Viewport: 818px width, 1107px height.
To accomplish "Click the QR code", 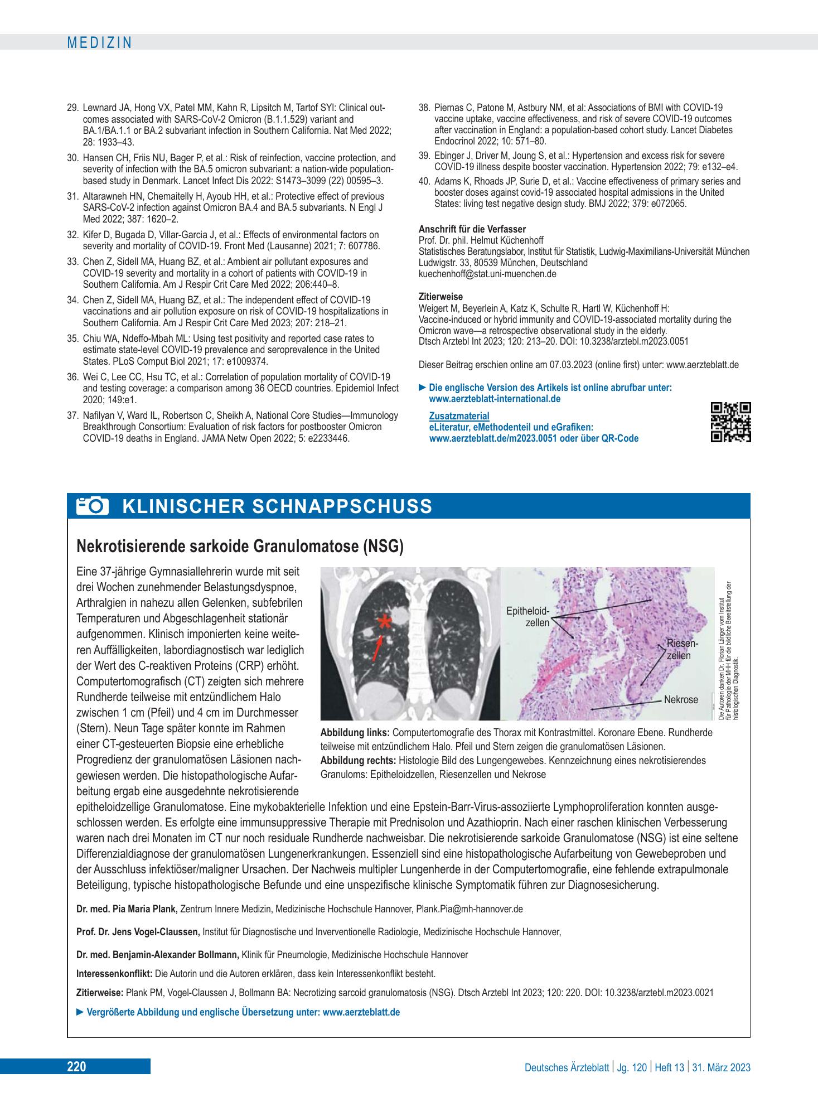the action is click(x=731, y=422).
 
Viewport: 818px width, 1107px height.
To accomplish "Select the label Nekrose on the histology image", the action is click(x=681, y=699).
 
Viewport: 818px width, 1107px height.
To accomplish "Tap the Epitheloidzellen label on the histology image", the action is click(x=527, y=617).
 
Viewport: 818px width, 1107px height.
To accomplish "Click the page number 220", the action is click(x=76, y=1067).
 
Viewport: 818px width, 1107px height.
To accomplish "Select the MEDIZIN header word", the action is click(x=99, y=42).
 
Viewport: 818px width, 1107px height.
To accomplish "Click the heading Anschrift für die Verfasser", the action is click(x=472, y=229).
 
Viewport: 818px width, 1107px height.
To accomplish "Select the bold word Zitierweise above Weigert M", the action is click(x=441, y=297).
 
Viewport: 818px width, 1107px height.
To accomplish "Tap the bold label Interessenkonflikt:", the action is click(x=114, y=974).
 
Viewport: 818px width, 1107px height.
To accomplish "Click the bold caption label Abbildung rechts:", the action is click(x=359, y=761).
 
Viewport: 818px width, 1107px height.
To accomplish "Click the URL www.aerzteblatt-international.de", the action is click(x=495, y=399).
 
